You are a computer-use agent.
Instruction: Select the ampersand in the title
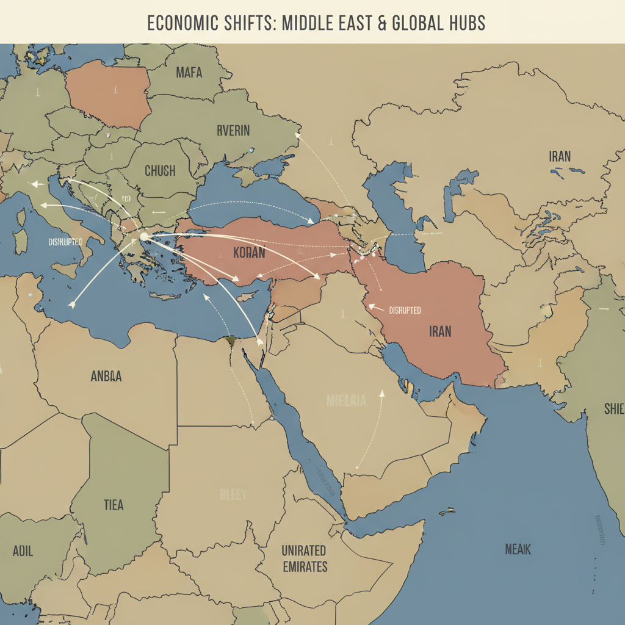[x=363, y=23]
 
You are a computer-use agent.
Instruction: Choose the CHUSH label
[x=160, y=171]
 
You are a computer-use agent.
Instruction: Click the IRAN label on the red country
[x=440, y=331]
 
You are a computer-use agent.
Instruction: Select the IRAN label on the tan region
[x=560, y=156]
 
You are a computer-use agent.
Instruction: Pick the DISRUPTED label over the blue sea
[x=65, y=242]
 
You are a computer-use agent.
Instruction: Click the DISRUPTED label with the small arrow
[x=404, y=310]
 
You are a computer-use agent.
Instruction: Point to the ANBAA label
[x=106, y=377]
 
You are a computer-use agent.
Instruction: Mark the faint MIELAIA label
[x=346, y=401]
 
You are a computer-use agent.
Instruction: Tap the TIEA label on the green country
[x=113, y=505]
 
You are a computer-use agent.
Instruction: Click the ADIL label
[x=23, y=551]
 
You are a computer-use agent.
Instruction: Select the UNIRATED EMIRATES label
[x=304, y=558]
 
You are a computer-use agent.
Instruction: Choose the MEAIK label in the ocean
[x=518, y=549]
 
